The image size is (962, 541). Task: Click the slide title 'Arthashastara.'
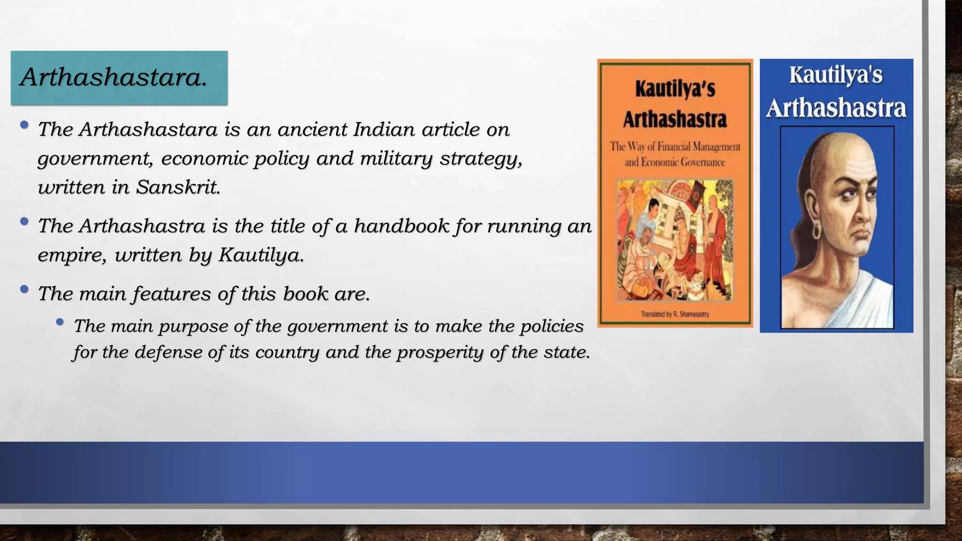[x=114, y=77]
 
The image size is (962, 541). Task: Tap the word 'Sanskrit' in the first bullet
[x=178, y=187]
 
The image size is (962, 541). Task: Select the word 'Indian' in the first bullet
[x=384, y=130]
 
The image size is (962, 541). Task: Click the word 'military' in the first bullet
[x=396, y=159]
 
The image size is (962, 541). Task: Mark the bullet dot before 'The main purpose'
[x=60, y=322]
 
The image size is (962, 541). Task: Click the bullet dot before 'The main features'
[x=24, y=289]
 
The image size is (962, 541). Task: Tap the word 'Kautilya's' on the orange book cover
[x=675, y=89]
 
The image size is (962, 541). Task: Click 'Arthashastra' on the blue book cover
[x=836, y=108]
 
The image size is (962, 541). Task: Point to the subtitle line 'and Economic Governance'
[x=675, y=162]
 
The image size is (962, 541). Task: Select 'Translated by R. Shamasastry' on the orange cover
[x=675, y=314]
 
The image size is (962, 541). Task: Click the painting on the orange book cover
[x=675, y=240]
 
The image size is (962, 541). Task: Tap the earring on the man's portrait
[x=816, y=231]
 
